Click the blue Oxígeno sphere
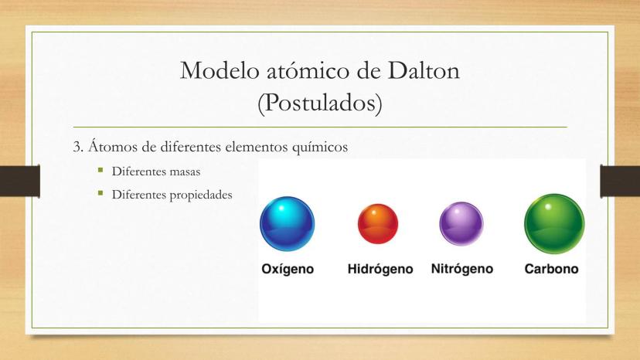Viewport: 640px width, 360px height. (288, 224)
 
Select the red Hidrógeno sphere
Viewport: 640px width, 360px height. (378, 224)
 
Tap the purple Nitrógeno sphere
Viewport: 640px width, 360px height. (461, 224)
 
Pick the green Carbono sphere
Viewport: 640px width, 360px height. (554, 224)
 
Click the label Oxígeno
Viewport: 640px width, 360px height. (288, 270)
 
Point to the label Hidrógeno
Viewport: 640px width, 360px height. (380, 270)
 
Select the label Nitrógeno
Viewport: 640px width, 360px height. (462, 270)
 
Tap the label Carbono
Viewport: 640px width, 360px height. (551, 269)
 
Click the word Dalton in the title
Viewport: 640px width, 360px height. (424, 70)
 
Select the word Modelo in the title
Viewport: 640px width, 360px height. (220, 70)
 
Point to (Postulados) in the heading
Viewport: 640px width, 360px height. (320, 103)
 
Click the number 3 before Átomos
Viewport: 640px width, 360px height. (77, 147)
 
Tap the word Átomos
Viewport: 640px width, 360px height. (113, 146)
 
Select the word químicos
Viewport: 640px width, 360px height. (320, 147)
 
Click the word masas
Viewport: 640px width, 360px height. (185, 172)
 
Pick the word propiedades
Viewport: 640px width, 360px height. (201, 195)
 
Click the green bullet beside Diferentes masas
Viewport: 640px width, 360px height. (100, 169)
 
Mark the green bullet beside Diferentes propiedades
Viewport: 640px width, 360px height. (100, 192)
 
